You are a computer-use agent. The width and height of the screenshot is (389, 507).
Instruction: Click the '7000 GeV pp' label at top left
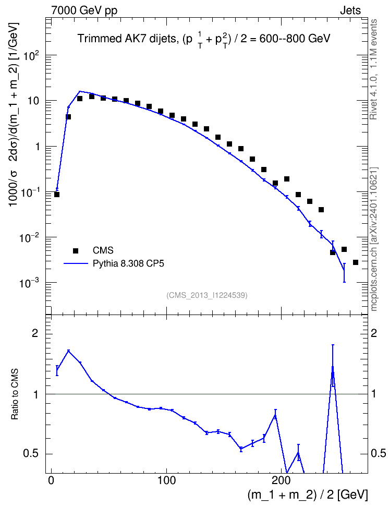84,10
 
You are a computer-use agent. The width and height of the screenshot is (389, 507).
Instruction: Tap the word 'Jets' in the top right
350,10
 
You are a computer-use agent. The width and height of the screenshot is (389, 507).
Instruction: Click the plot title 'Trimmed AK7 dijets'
127,39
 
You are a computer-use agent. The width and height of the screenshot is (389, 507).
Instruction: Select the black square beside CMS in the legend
76,250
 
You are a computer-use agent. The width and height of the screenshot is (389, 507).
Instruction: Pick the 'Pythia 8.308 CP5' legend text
128,264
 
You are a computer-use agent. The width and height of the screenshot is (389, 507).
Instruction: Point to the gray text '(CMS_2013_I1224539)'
207,295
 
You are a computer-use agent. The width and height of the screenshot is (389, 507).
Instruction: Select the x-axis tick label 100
166,480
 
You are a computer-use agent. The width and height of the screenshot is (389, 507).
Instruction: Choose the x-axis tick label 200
282,480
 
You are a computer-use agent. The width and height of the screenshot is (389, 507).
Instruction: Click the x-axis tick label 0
51,480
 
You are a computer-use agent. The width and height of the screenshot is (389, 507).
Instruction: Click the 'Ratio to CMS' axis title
15,394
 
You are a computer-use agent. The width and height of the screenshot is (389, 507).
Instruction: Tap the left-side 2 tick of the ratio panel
34,333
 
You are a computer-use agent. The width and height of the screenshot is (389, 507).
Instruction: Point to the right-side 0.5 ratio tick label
378,453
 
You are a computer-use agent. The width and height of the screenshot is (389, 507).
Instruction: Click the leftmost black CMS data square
57,195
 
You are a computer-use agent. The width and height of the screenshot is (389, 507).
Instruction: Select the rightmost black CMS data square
356,262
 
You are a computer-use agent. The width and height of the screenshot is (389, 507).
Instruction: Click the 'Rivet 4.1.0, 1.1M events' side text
373,69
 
